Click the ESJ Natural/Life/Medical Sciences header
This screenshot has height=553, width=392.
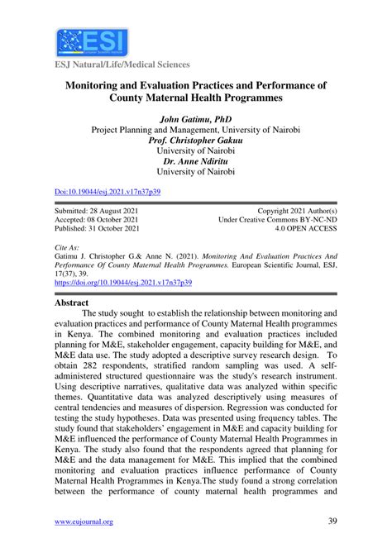click(x=122, y=64)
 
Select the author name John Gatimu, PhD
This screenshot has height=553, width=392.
click(x=196, y=118)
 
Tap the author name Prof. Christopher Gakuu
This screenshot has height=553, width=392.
click(x=196, y=140)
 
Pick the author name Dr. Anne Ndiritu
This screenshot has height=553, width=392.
click(x=196, y=161)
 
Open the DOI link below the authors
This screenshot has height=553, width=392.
click(x=107, y=191)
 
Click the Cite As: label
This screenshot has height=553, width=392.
click(x=69, y=247)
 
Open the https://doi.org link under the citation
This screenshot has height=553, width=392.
click(x=122, y=282)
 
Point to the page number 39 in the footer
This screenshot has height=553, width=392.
click(x=331, y=522)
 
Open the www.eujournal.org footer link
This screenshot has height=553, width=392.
click(x=84, y=522)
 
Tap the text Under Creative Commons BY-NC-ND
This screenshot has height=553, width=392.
click(x=278, y=221)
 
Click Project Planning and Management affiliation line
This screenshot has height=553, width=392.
click(x=196, y=129)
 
